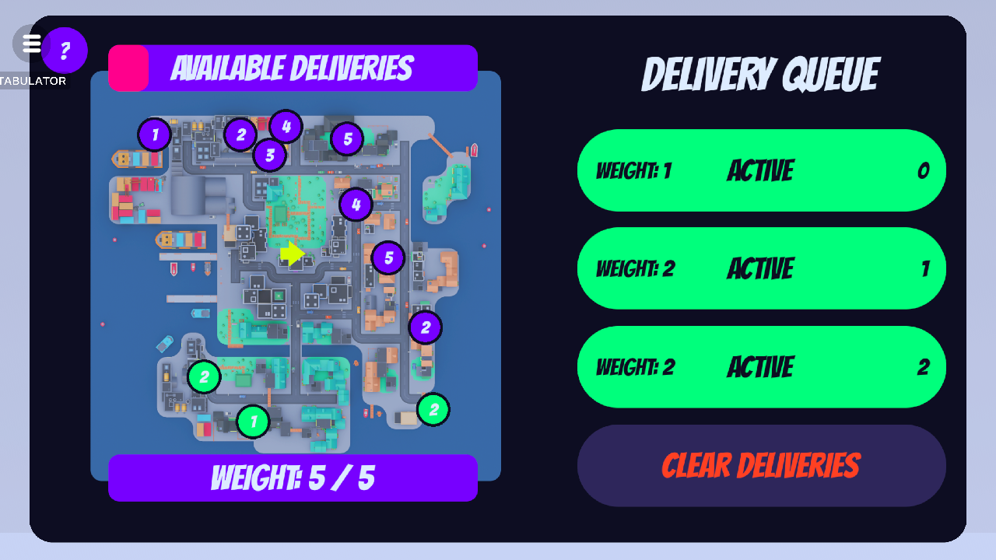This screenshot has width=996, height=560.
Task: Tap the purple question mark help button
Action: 65,51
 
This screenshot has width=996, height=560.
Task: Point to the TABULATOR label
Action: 33,81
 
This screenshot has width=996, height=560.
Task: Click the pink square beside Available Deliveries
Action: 128,68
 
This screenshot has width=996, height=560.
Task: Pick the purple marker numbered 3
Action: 270,155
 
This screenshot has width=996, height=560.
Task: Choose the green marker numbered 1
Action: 253,422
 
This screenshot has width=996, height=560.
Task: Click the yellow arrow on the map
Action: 292,253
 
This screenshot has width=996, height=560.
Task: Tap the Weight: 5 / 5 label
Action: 293,478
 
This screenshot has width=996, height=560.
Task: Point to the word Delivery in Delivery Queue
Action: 707,75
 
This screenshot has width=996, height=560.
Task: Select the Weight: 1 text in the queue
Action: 633,171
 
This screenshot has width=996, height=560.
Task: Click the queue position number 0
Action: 923,171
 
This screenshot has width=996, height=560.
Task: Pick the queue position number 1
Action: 924,269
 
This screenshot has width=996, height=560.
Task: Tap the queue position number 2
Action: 923,367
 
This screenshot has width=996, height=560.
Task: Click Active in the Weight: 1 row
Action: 760,171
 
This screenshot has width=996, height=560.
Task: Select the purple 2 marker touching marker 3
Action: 240,135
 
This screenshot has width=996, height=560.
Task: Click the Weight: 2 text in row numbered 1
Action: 635,269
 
